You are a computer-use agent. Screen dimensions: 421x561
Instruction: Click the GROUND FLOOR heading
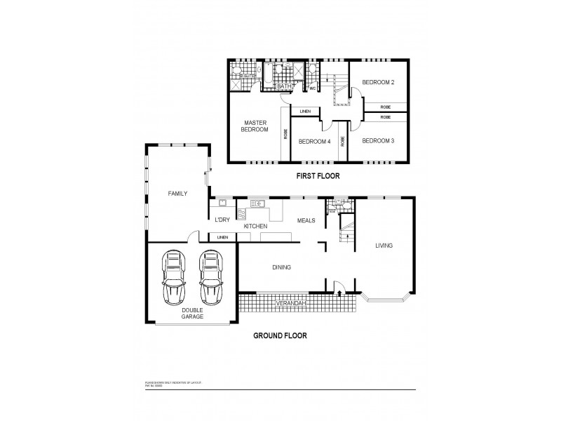279,335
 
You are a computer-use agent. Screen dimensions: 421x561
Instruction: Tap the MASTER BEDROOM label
255,126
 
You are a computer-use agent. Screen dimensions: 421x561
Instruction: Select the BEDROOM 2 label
378,83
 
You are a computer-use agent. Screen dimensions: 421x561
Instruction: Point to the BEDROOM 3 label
378,141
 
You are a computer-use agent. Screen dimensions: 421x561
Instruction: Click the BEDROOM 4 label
314,142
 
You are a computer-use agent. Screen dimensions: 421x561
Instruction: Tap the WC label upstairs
312,89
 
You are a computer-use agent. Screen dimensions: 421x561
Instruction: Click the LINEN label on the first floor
305,112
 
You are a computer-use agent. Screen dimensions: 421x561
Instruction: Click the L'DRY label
222,220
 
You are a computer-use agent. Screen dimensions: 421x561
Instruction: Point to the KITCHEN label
256,227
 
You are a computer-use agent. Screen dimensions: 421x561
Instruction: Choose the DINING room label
281,267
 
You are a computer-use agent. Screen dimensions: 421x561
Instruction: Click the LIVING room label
384,246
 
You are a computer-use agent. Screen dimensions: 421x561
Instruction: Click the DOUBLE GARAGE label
192,313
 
